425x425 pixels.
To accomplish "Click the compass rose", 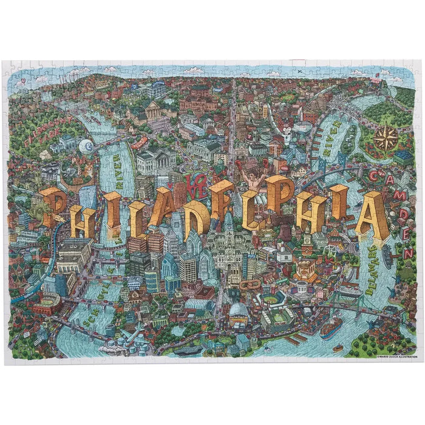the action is tap(385, 138).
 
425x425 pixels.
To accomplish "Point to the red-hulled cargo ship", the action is tap(331, 328).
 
